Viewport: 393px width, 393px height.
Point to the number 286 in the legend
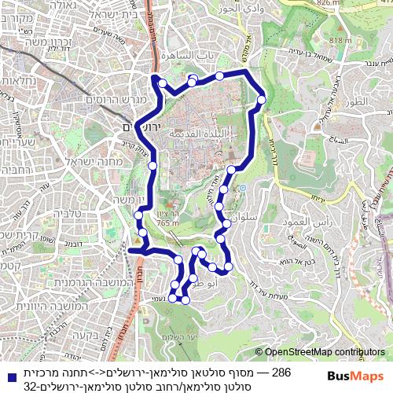tap(281, 371)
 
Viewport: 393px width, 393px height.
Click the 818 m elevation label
tap(340, 40)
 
